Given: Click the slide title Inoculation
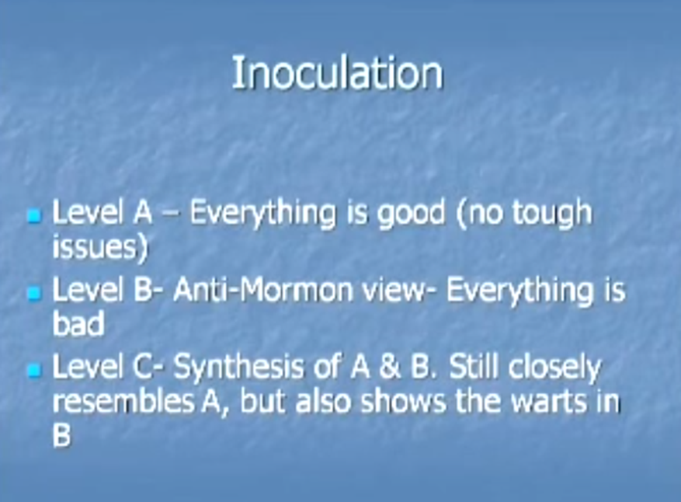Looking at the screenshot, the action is pyautogui.click(x=338, y=72).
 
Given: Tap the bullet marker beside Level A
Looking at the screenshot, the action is pyautogui.click(x=35, y=215).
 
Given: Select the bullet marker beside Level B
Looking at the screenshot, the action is pyautogui.click(x=35, y=294).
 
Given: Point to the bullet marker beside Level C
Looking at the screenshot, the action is pyautogui.click(x=35, y=371).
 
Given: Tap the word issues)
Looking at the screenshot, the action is pyautogui.click(x=100, y=247).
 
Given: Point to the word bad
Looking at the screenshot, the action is pyautogui.click(x=78, y=323).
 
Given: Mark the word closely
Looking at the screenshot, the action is pyautogui.click(x=554, y=368).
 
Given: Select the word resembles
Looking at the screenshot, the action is pyautogui.click(x=123, y=401).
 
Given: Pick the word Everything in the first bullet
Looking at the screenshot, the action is pyautogui.click(x=262, y=214).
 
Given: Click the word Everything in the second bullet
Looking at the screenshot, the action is pyautogui.click(x=519, y=291).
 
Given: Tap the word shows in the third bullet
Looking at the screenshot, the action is pyautogui.click(x=403, y=401).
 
